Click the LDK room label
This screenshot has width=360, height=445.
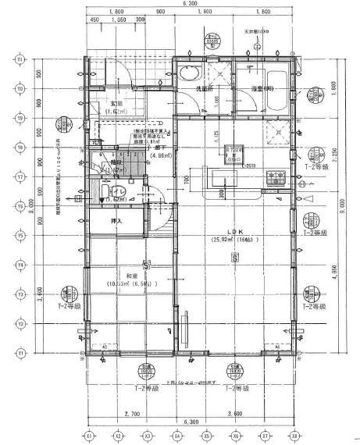(235, 232)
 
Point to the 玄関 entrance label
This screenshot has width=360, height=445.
(116, 103)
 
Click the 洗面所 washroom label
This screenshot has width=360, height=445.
(205, 89)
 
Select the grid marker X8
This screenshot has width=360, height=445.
(294, 435)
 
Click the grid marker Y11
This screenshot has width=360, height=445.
(20, 59)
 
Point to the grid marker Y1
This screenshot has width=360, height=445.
(20, 353)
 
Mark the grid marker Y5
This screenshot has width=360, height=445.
(20, 235)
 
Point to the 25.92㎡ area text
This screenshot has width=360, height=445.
(233, 240)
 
